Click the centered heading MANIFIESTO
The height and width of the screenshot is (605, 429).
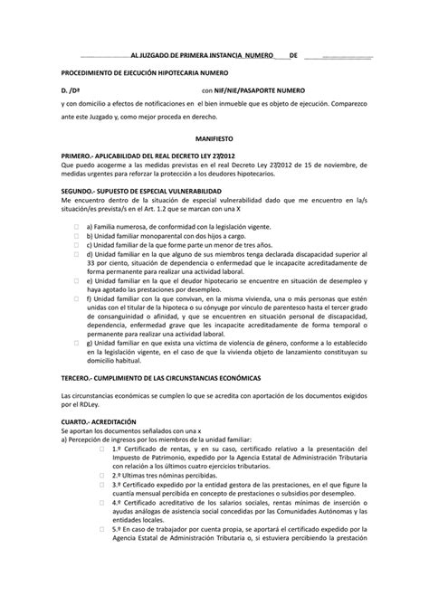point(214,141)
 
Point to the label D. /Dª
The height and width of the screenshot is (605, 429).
point(71,91)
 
